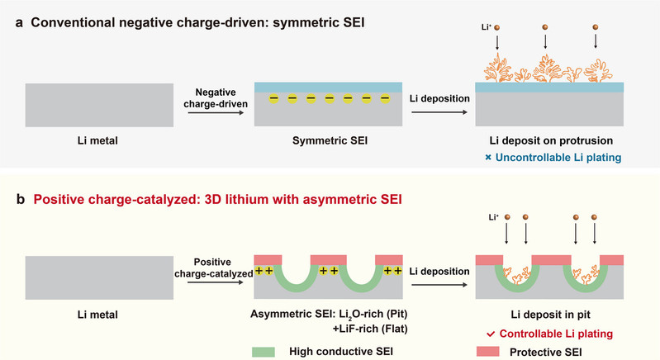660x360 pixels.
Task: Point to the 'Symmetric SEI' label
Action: tap(328, 141)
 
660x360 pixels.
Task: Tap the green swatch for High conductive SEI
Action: tap(264, 350)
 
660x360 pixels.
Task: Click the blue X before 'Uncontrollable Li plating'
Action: tap(488, 157)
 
